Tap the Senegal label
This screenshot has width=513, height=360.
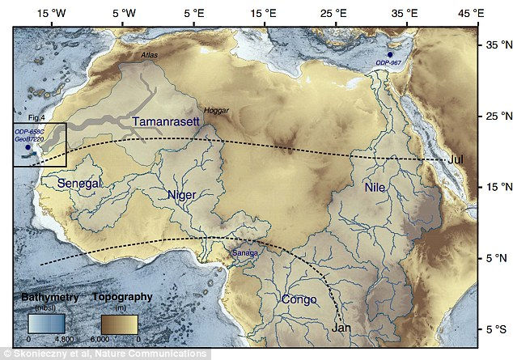pos(80,184)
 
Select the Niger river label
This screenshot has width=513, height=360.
pos(182,195)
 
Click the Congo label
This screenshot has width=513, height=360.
pos(298,300)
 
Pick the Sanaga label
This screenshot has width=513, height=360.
pos(246,253)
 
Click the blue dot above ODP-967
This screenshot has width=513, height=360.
pos(390,54)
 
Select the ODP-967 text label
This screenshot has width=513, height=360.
pos(389,63)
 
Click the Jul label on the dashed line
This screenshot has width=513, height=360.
pos(455,159)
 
